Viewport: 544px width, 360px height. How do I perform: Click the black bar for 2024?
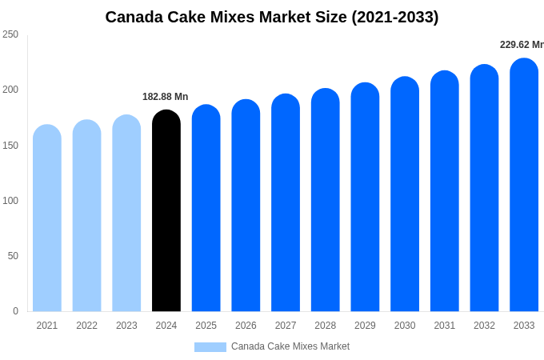tap(166, 212)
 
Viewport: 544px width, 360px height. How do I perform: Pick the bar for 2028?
tap(326, 201)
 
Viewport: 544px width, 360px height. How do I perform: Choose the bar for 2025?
tap(206, 209)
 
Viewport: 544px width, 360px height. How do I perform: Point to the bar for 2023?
tap(126, 214)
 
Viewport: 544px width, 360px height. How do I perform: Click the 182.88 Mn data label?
tap(166, 97)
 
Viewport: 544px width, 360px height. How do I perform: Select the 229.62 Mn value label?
tap(521, 45)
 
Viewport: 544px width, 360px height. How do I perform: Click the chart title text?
tap(272, 17)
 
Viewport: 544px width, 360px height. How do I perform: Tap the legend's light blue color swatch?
tap(210, 347)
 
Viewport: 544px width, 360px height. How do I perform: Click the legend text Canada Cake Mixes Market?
tap(290, 346)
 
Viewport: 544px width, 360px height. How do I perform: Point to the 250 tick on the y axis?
tap(10, 34)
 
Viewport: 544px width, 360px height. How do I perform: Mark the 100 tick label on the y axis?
tap(10, 201)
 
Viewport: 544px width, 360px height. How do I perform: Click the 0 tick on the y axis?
tap(15, 311)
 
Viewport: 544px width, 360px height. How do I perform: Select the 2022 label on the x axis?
tap(86, 326)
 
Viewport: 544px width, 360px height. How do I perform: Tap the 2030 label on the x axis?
tap(405, 326)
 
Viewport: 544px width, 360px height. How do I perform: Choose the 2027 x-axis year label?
tap(286, 326)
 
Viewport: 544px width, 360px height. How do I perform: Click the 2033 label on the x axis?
tap(524, 326)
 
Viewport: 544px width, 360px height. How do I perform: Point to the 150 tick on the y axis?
tap(10, 146)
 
